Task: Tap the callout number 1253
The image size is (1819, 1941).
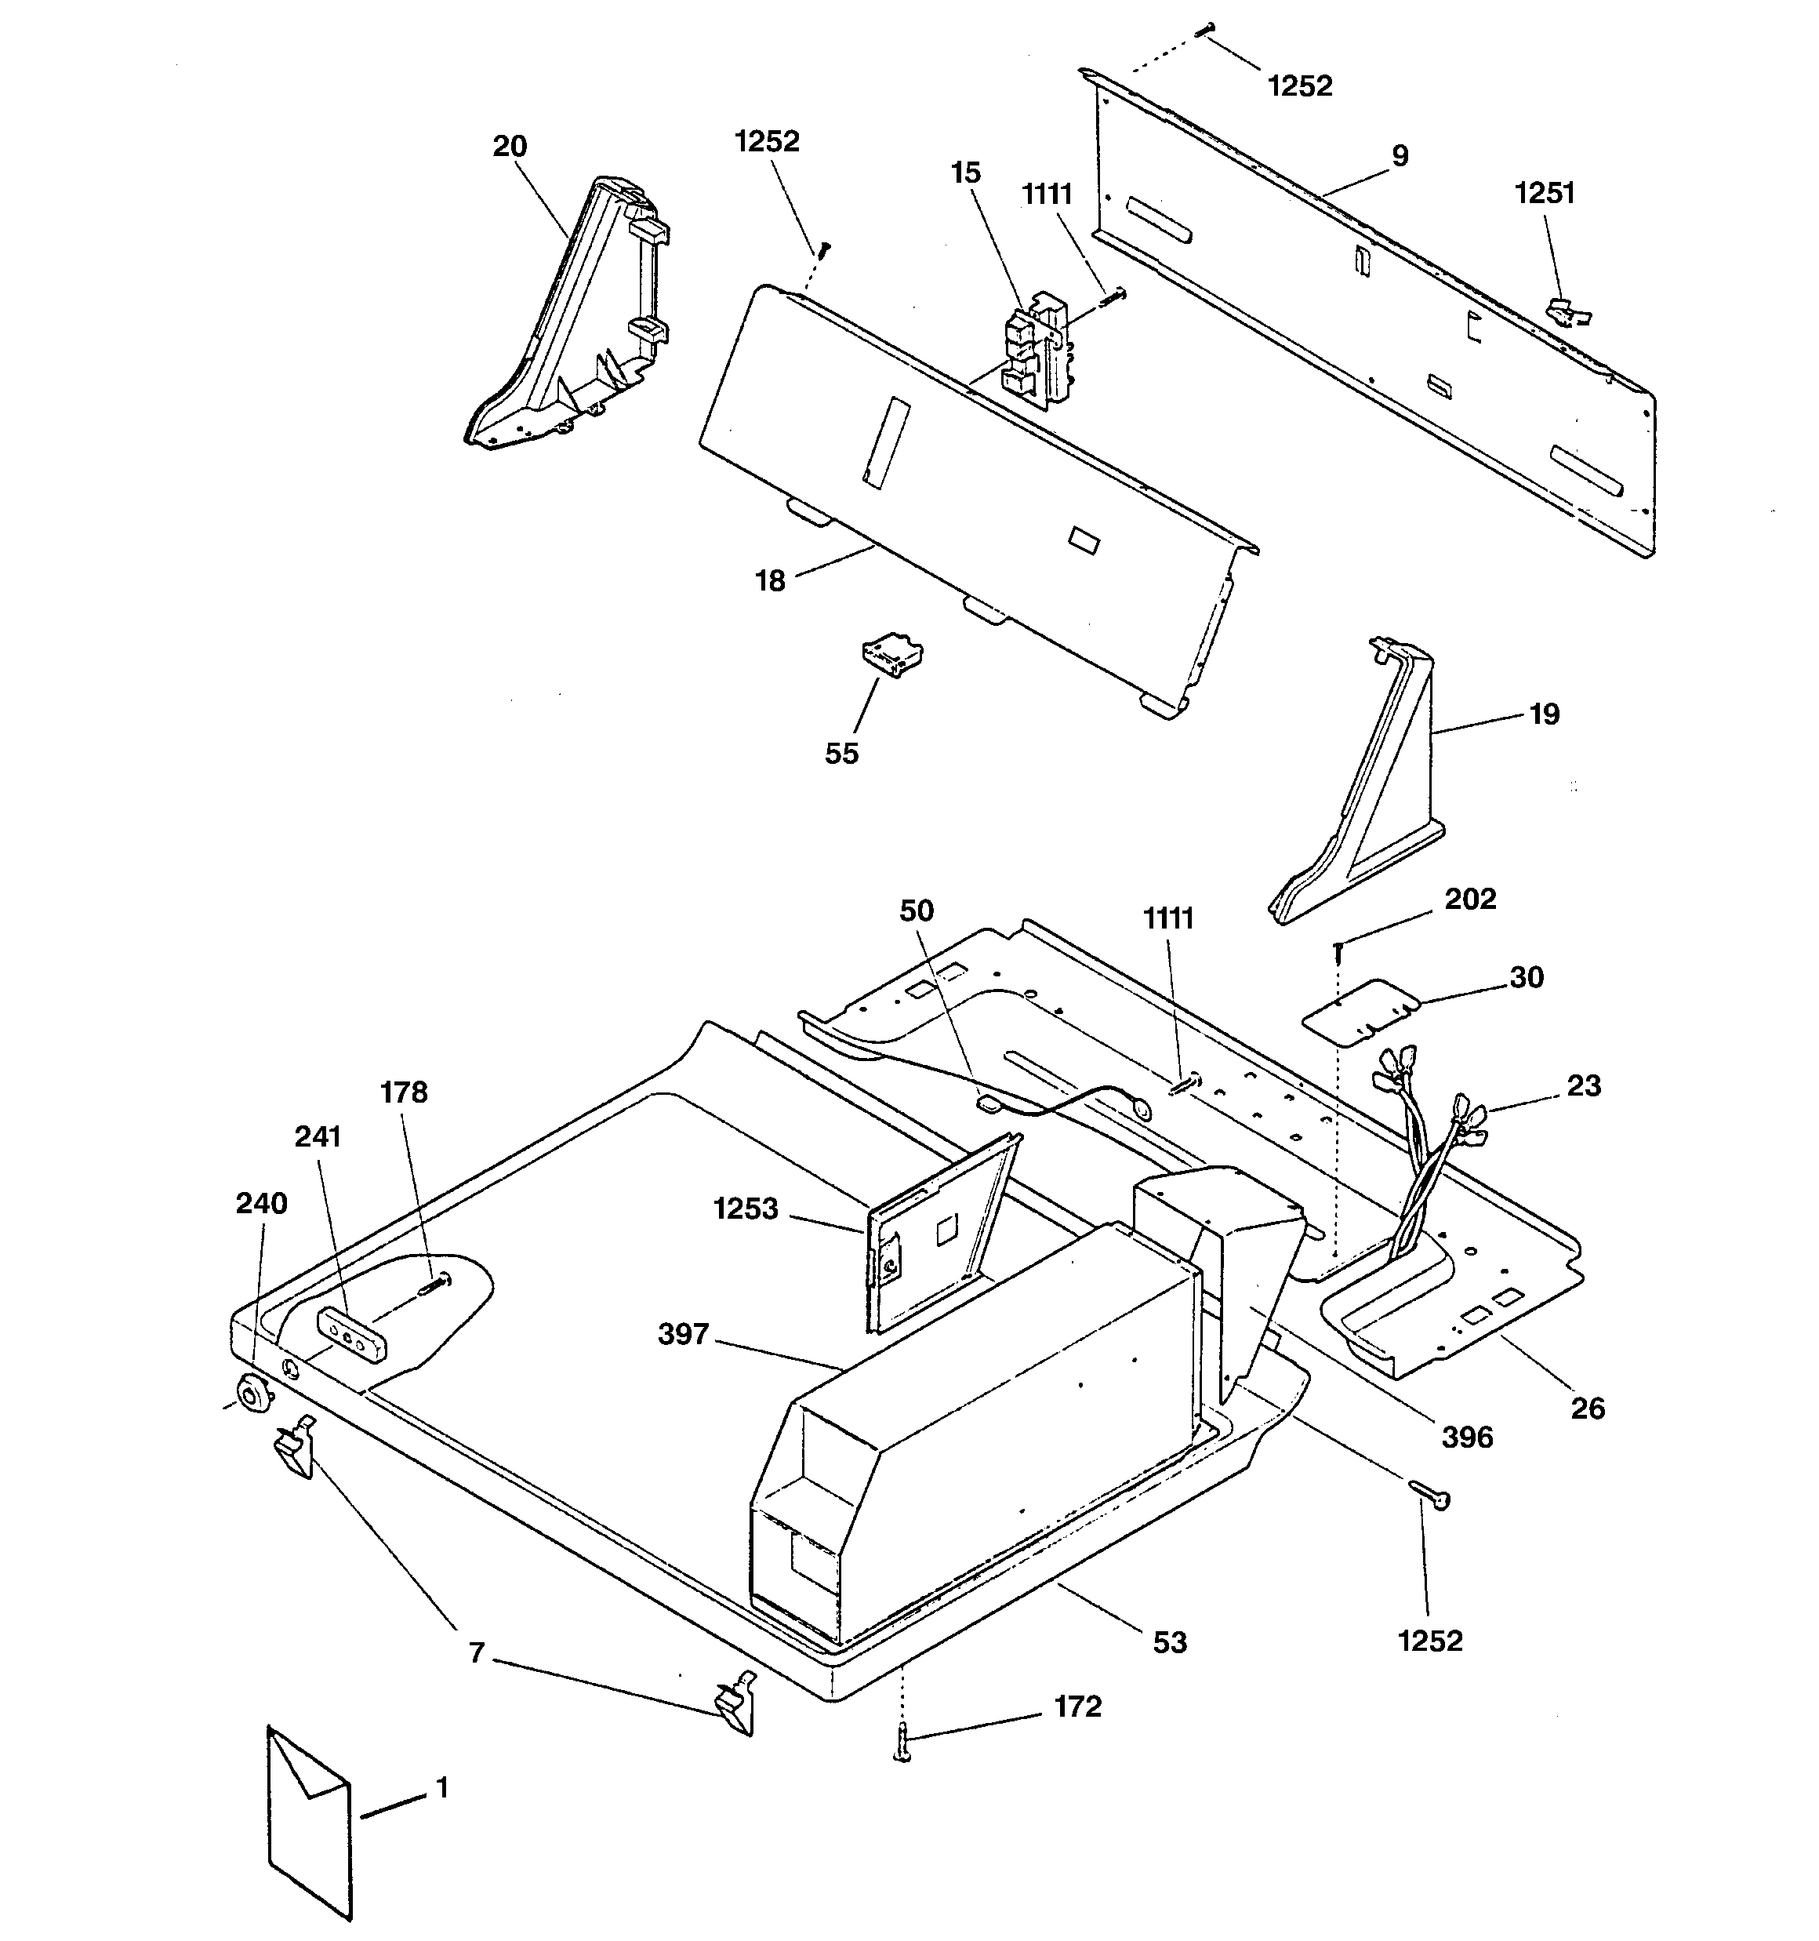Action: pyautogui.click(x=746, y=1209)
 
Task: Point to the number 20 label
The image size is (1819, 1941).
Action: pyautogui.click(x=510, y=146)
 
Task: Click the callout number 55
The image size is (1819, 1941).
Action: pyautogui.click(x=841, y=753)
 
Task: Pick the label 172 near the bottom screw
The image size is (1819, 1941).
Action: pyautogui.click(x=1078, y=1706)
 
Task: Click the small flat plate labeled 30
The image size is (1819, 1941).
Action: pyautogui.click(x=1361, y=1012)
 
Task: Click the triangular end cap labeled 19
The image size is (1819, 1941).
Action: pyautogui.click(x=1357, y=780)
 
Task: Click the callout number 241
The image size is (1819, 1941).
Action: pyautogui.click(x=318, y=1136)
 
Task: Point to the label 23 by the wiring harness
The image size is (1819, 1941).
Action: pyautogui.click(x=1584, y=1085)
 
